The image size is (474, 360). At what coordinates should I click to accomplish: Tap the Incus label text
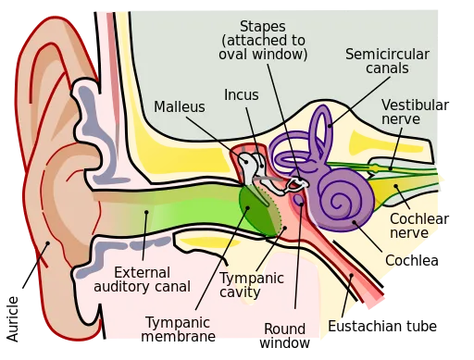[241, 94]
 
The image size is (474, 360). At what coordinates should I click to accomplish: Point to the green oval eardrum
[258, 207]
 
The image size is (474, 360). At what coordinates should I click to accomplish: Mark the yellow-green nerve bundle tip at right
[441, 178]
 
